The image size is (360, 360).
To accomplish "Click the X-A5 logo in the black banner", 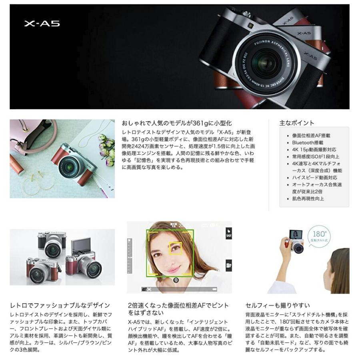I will [42, 24].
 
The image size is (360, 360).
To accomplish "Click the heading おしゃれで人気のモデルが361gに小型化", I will [176, 123].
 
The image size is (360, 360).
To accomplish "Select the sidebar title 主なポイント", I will [297, 123].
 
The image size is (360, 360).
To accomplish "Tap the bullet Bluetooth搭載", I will [308, 142].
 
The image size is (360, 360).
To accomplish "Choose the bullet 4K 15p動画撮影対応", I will [314, 150].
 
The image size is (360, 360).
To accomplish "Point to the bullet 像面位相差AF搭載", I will [311, 136].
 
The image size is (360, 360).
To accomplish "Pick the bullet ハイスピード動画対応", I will [314, 178].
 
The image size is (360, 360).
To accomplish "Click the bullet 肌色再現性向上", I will [308, 198].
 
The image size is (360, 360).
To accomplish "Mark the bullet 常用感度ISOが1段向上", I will [316, 156].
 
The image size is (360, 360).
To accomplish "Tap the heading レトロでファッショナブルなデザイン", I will [60, 306].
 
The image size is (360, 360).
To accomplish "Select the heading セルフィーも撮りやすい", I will [278, 306].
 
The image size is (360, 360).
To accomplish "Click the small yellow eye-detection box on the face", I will [175, 248].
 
